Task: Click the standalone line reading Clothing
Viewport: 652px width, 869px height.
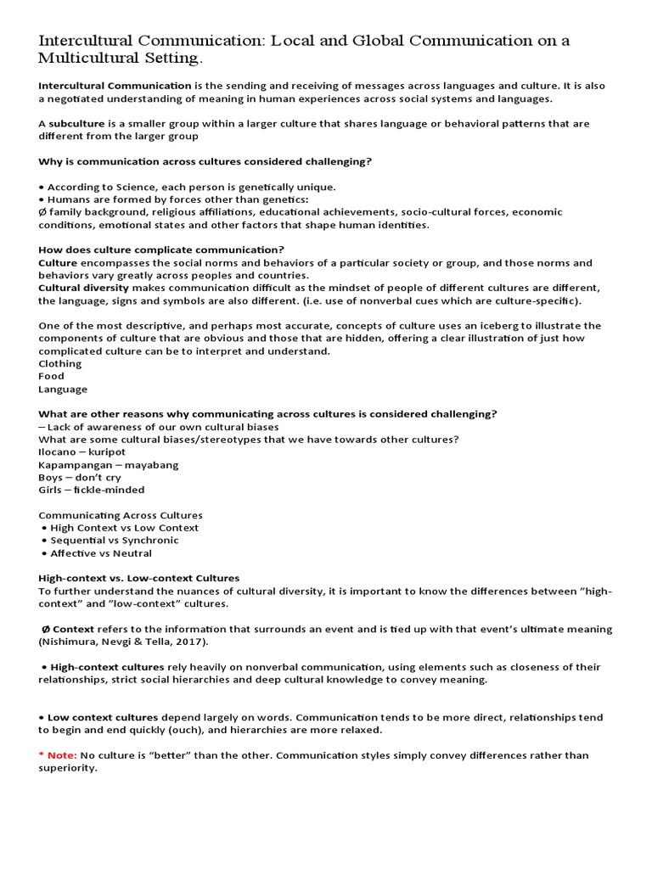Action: tap(59, 363)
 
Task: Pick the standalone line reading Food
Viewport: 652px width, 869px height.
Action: tap(51, 376)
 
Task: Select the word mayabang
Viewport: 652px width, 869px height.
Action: tap(151, 465)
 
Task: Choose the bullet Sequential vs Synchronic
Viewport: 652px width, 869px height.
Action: tap(115, 541)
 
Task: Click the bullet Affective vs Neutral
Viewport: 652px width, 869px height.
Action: tap(101, 553)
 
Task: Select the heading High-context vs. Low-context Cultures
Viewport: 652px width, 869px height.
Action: tap(139, 578)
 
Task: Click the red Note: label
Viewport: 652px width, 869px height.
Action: tap(62, 755)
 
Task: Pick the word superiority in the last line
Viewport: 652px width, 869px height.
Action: tap(67, 768)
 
